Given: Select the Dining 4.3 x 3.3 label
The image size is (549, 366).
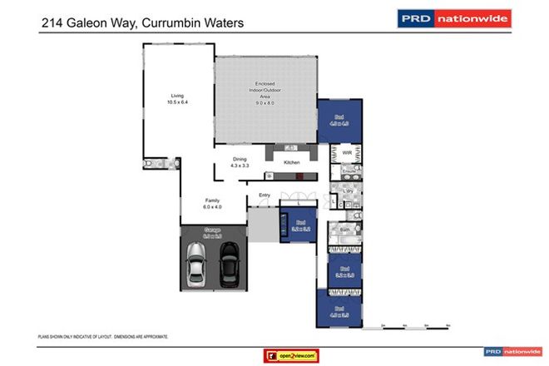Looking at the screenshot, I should (x=240, y=164).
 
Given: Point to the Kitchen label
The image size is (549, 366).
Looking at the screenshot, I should (x=292, y=162).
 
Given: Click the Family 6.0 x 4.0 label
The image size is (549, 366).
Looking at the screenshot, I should (x=213, y=203).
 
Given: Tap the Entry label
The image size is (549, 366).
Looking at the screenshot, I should (x=265, y=195).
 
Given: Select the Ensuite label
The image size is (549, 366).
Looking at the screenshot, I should (x=349, y=171).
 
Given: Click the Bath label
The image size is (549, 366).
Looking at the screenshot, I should (x=344, y=228).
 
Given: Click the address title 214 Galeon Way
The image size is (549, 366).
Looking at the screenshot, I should (x=142, y=24).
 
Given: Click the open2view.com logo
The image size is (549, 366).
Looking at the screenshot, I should (x=290, y=355).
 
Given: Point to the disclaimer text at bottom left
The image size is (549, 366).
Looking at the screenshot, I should (x=103, y=337).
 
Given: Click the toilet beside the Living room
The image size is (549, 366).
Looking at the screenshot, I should (x=152, y=166).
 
